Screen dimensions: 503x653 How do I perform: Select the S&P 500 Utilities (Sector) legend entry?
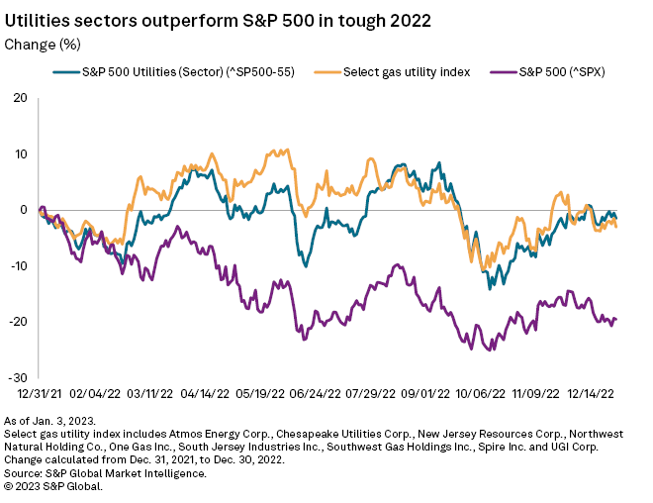pos(178,72)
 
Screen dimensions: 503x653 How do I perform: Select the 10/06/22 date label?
pos(484,394)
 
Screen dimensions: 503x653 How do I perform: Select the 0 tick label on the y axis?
pos(23,210)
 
